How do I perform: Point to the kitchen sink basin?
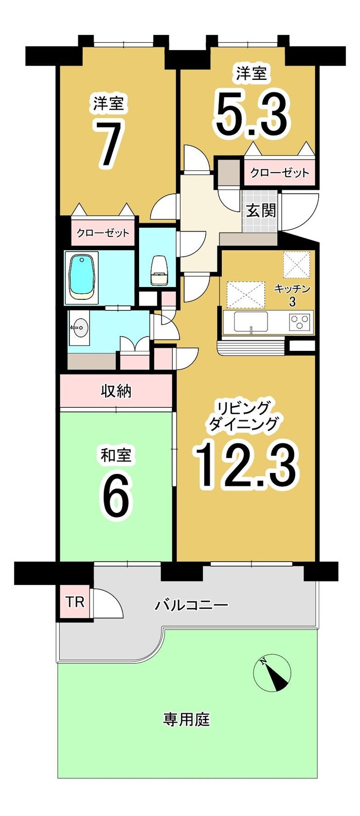(251, 321)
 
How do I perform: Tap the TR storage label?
(75, 602)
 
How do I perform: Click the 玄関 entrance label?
(261, 211)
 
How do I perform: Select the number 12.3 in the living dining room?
(246, 465)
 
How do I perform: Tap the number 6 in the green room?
(116, 496)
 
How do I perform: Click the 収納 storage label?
(116, 391)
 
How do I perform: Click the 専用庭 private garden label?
(186, 719)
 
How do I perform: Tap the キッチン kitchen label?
(292, 289)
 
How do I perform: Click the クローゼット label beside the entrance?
(279, 173)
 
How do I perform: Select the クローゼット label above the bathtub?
(103, 233)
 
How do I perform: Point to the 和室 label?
(116, 455)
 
